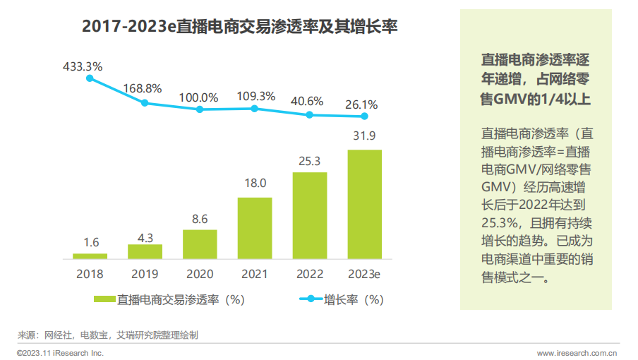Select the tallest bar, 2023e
(365, 204)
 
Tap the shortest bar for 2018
(90, 256)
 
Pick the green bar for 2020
(200, 244)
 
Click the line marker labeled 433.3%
(90, 78)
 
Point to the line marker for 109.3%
(255, 108)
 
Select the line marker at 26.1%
(365, 116)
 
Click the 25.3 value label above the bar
(310, 161)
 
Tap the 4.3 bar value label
(145, 238)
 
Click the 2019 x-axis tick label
(145, 274)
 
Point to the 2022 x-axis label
(310, 274)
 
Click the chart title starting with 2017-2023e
(240, 28)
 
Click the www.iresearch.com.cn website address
(577, 352)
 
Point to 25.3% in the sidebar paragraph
(500, 222)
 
